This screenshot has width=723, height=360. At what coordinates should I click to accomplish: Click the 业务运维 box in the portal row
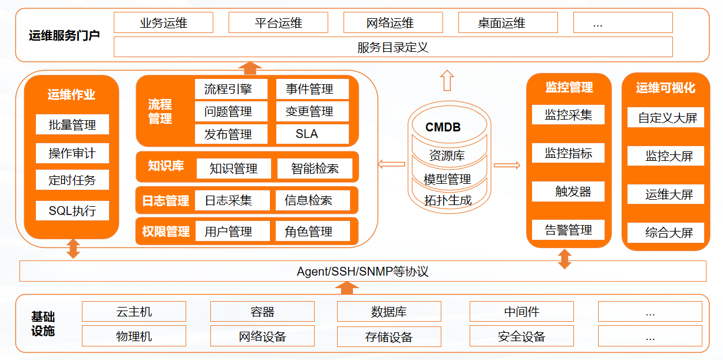163,23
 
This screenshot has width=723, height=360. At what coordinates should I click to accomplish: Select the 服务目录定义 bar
392,47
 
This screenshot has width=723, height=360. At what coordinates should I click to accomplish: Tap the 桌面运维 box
507,23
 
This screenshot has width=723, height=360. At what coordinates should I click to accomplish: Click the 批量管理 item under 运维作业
72,125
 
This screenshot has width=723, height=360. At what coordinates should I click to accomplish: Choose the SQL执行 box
72,210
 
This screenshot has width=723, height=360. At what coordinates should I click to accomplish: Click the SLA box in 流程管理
312,134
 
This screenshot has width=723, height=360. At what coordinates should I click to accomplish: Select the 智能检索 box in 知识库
315,169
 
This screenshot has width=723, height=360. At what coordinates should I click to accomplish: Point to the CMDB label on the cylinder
443,127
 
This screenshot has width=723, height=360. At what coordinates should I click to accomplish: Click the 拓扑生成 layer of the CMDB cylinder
448,200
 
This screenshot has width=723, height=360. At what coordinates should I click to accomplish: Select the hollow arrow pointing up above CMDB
447,80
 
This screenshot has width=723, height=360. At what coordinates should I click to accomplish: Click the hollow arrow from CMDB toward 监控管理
507,166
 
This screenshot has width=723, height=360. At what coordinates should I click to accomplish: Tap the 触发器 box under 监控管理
569,191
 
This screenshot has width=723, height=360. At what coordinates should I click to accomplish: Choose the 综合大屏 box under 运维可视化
666,233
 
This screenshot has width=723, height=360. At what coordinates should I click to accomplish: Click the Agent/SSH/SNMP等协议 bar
362,272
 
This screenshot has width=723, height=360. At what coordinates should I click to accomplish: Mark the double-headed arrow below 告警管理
564,259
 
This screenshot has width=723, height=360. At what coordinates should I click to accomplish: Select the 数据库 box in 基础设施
389,312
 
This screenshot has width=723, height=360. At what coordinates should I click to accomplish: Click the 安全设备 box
521,336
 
